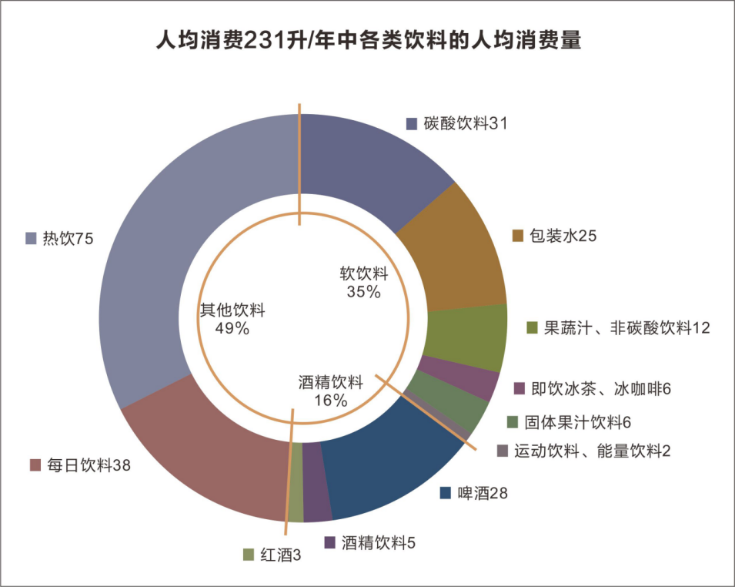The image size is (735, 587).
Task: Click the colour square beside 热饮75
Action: tap(32, 239)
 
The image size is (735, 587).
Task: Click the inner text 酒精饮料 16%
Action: tap(330, 391)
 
